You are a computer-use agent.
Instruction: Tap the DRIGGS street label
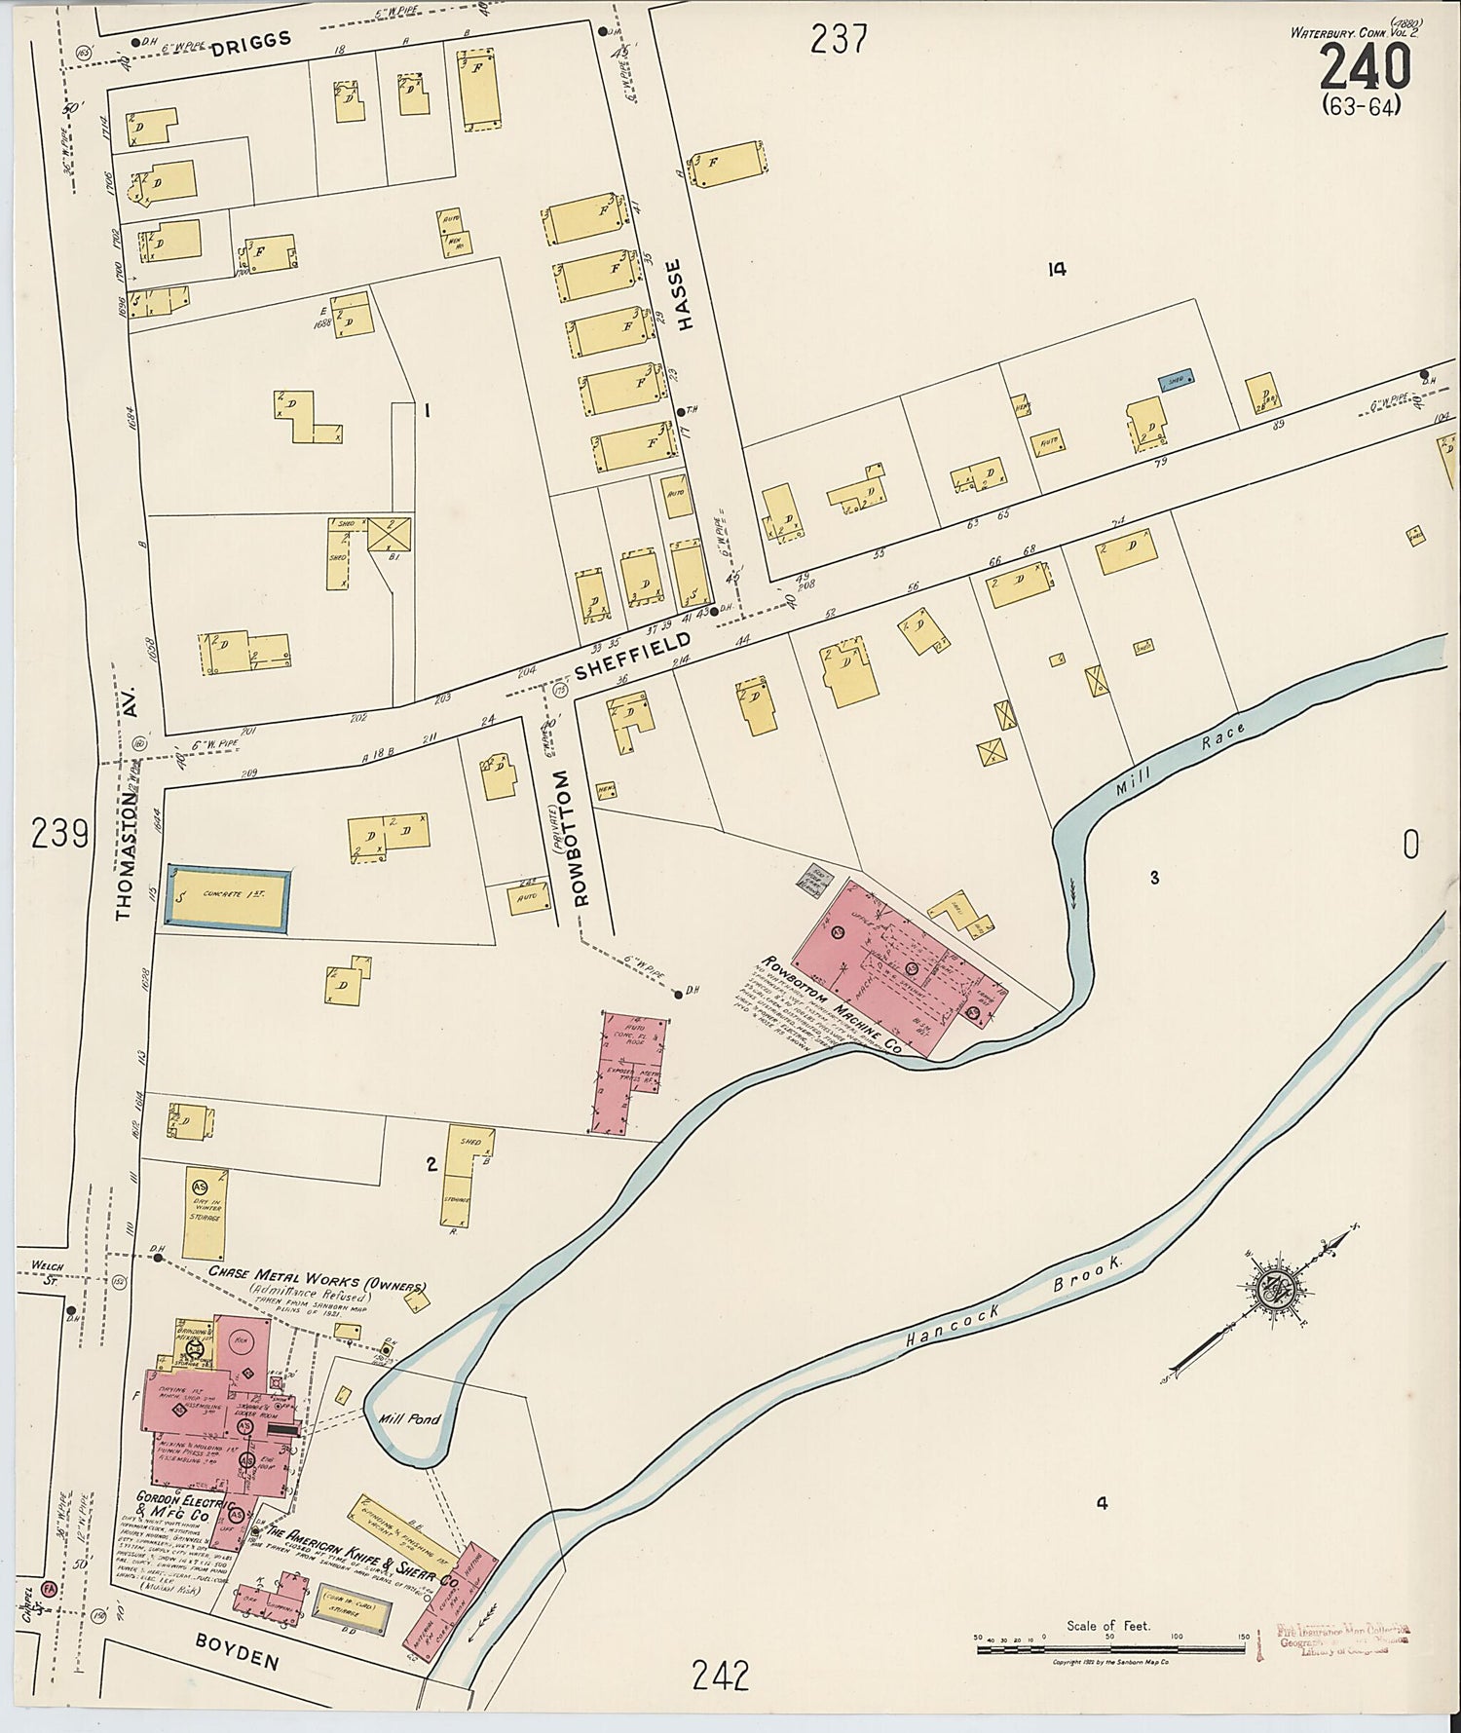(250, 40)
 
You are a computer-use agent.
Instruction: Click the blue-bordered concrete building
(228, 899)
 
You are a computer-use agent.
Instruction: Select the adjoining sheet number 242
(721, 1676)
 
